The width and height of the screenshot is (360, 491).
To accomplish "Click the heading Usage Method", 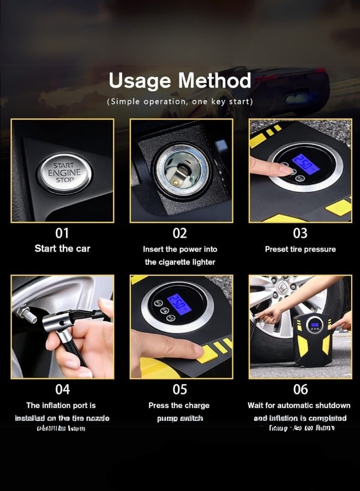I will click(180, 81).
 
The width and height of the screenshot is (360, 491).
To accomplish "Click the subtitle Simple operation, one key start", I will click(180, 101).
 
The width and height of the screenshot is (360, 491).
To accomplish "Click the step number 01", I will click(62, 233).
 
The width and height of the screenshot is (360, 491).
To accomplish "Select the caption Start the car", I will click(62, 249).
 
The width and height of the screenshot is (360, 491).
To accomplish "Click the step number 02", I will click(180, 233).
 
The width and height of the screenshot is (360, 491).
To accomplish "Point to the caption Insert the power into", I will click(180, 249).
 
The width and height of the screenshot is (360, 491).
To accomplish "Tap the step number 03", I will click(300, 233).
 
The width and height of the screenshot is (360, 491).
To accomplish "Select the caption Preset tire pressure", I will click(300, 249).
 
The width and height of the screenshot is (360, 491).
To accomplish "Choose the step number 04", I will click(62, 389).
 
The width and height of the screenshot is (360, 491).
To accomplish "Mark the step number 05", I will click(180, 389).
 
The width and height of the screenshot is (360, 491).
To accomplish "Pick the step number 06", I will click(300, 389).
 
